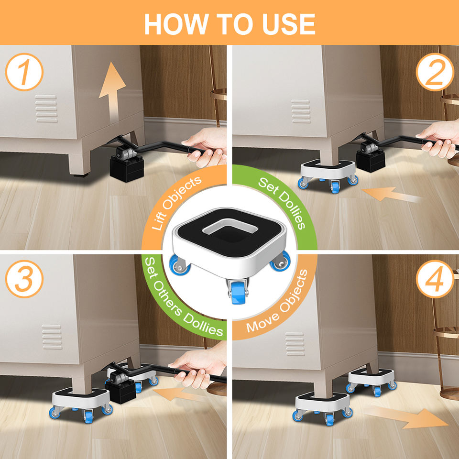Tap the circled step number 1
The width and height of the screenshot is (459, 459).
tap(24, 72)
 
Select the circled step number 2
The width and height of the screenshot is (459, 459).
tap(435, 72)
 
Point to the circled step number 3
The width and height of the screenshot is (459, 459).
tap(24, 279)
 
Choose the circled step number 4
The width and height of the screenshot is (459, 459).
tap(435, 279)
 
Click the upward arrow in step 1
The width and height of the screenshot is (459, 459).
tap(112, 91)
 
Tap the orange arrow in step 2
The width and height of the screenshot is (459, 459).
tap(391, 194)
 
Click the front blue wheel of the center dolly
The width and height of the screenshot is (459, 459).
tap(238, 293)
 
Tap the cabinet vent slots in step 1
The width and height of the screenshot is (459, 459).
tap(46, 109)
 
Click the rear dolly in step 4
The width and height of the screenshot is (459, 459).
tap(371, 381)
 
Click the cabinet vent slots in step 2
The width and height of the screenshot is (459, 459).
tap(301, 111)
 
